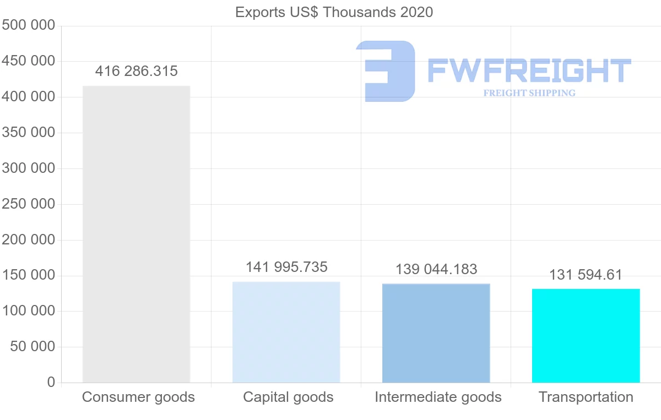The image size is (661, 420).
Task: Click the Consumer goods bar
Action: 136,234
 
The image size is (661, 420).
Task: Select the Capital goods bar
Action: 286,332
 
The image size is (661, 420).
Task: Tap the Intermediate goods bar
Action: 436,333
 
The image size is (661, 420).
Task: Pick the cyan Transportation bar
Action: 586,335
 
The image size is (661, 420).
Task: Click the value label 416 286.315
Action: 137,72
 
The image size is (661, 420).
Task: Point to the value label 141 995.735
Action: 286,268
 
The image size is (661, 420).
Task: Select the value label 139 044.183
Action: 436,269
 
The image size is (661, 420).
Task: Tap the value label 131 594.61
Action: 586,275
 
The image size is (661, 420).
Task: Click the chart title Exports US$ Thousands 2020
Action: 334,12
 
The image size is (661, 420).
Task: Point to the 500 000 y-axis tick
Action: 29,25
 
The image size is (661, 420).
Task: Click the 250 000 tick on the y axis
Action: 29,204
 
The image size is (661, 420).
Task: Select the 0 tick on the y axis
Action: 51,382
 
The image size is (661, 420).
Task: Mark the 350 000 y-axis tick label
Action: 29,133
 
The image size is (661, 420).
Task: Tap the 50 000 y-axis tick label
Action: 32,347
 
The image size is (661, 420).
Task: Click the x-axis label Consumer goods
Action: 138,397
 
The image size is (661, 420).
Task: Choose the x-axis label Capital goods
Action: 288,397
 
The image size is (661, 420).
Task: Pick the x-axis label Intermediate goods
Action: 438,397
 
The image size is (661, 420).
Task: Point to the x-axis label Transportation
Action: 586,397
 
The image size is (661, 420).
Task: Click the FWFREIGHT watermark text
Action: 529,70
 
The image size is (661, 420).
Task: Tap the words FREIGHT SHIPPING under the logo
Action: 529,93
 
